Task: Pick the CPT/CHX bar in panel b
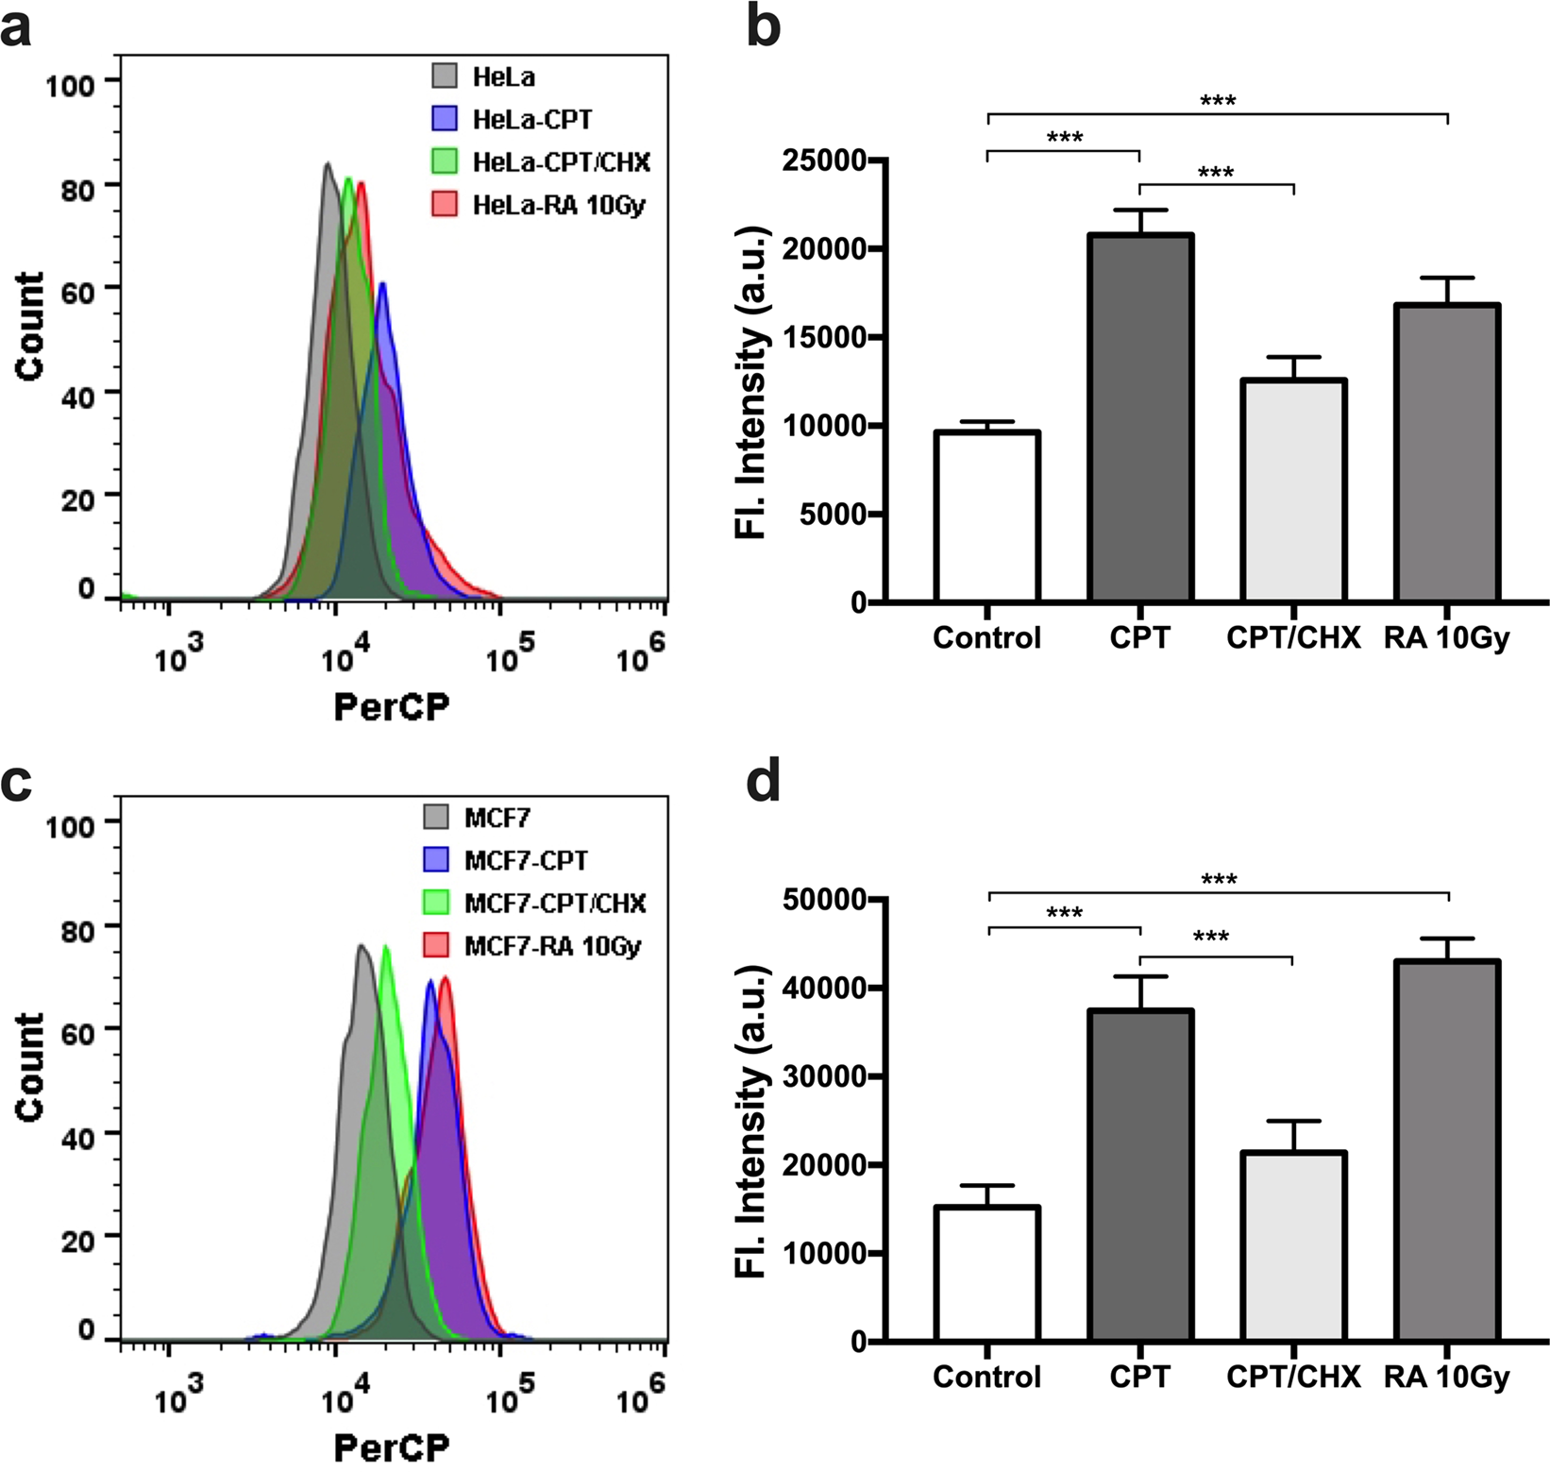1293,490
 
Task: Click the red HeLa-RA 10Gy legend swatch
445,203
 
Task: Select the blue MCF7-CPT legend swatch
436,859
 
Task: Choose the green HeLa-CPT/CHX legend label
561,161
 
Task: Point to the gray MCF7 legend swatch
436,817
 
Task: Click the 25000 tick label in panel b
825,161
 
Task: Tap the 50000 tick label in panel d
825,900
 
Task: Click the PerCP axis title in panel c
392,1446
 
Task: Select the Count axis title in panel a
30,326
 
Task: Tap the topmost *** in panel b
1218,100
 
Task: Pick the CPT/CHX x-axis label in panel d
1293,1377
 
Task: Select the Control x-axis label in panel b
986,638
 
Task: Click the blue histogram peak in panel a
381,285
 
